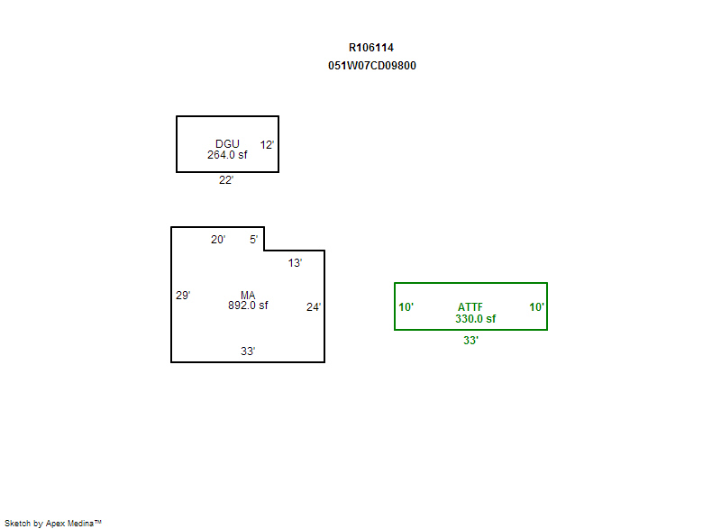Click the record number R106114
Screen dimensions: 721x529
371,48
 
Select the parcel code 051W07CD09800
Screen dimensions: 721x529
372,66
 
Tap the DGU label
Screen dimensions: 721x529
227,144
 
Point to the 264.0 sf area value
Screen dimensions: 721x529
227,155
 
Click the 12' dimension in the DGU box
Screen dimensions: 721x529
267,145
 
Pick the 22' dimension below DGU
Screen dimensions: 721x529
226,179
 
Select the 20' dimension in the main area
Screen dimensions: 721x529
218,240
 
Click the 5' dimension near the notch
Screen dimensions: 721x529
253,240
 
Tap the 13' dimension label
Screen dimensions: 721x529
295,263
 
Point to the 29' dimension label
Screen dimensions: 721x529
183,295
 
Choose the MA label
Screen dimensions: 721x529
247,295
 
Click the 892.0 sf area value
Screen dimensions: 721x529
248,306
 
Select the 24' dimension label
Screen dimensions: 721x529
314,307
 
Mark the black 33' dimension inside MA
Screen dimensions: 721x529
248,351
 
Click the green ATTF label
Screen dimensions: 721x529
470,307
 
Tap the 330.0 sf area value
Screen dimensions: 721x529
476,318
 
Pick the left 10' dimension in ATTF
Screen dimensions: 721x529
406,307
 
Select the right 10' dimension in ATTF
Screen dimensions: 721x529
536,307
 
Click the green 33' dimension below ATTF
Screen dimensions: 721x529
470,340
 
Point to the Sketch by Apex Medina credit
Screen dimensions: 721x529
53,523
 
